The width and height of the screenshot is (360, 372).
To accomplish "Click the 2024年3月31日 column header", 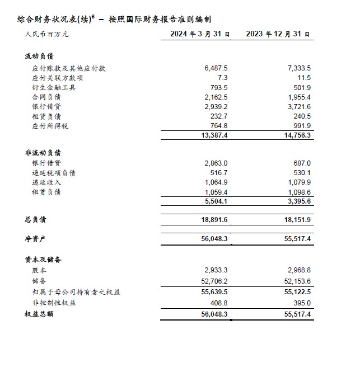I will [x=200, y=34].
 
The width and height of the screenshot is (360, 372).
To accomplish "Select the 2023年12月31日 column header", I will [x=278, y=34].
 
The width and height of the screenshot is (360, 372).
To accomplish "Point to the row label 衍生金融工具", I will [x=54, y=87].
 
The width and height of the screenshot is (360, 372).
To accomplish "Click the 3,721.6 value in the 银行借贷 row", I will [x=298, y=106].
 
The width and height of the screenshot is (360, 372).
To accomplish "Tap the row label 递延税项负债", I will [x=54, y=173].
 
